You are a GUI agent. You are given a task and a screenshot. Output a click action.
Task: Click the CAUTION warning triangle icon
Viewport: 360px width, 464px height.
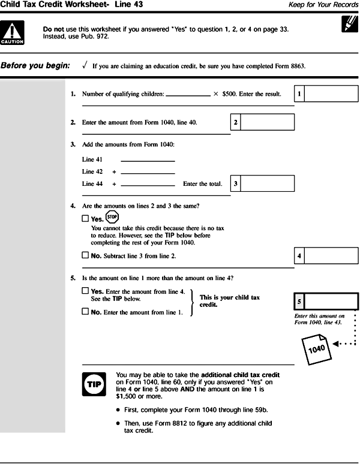(x=13, y=33)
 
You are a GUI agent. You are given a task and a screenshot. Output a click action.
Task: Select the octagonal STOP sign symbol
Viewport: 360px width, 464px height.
(x=112, y=217)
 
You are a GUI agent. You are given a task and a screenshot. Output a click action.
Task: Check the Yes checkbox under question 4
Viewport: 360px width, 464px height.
(x=85, y=219)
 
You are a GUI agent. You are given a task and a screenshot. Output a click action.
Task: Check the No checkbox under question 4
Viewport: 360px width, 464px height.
(x=85, y=256)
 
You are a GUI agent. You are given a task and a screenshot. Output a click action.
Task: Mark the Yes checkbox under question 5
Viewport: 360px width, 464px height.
(x=85, y=291)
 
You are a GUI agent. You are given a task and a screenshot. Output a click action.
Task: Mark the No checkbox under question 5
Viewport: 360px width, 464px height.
(x=85, y=312)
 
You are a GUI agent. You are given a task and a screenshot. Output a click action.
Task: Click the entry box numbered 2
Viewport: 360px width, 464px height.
(x=267, y=122)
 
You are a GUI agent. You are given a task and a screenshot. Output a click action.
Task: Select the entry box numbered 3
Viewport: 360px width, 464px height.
(x=267, y=183)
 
